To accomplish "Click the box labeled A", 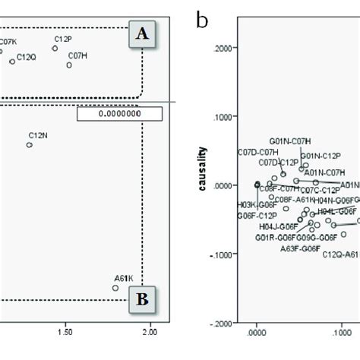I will tap(143, 34).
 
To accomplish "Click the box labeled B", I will tap(143, 299).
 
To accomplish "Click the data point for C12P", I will tap(55, 48).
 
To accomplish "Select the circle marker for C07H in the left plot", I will tap(69, 66).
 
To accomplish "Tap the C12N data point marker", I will tap(30, 144).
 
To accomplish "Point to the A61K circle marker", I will tap(115, 288).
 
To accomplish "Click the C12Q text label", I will tap(26, 57).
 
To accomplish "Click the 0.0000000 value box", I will tap(120, 114).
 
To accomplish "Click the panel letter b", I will tap(201, 20).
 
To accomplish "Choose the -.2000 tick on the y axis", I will tap(223, 324).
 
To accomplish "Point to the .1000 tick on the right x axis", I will tap(340, 332).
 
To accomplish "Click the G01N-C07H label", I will tap(290, 141).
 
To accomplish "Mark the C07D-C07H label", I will tap(257, 152).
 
